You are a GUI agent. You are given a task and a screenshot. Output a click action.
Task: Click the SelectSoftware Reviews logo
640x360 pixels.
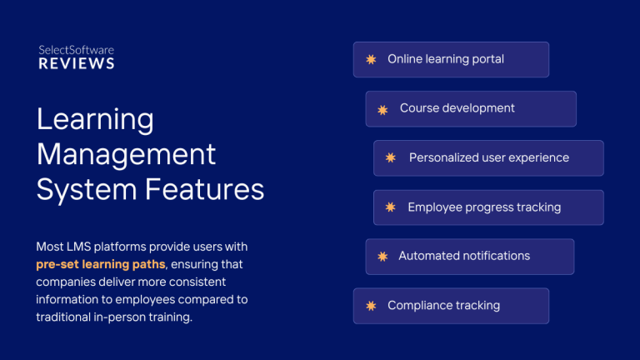pyautogui.click(x=77, y=57)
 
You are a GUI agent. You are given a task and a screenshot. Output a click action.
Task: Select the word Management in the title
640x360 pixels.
pyautogui.click(x=127, y=155)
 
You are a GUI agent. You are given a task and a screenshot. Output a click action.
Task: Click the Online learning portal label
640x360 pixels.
pyautogui.click(x=446, y=59)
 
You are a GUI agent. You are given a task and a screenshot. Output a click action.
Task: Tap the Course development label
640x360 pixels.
pyautogui.click(x=457, y=108)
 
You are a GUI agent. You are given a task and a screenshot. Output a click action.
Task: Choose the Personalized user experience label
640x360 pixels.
pyautogui.click(x=489, y=157)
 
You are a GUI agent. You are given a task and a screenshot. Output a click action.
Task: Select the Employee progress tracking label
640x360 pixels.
pyautogui.click(x=484, y=207)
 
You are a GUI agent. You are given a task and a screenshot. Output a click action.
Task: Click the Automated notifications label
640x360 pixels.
pyautogui.click(x=464, y=256)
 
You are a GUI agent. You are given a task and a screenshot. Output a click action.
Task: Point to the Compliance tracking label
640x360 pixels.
pyautogui.click(x=443, y=305)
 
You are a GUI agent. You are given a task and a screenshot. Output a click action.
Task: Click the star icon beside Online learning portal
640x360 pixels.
pyautogui.click(x=371, y=60)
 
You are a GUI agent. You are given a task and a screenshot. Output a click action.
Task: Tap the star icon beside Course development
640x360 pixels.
pyautogui.click(x=382, y=109)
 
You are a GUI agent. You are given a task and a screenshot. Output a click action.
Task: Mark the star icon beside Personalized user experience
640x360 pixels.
pyautogui.click(x=391, y=157)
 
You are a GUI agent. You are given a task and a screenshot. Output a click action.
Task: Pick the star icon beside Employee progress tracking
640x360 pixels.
pyautogui.click(x=391, y=207)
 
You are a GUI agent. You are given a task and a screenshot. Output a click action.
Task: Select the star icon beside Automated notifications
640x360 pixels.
pyautogui.click(x=382, y=257)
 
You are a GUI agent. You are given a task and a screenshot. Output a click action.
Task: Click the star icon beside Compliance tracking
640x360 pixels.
pyautogui.click(x=371, y=306)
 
